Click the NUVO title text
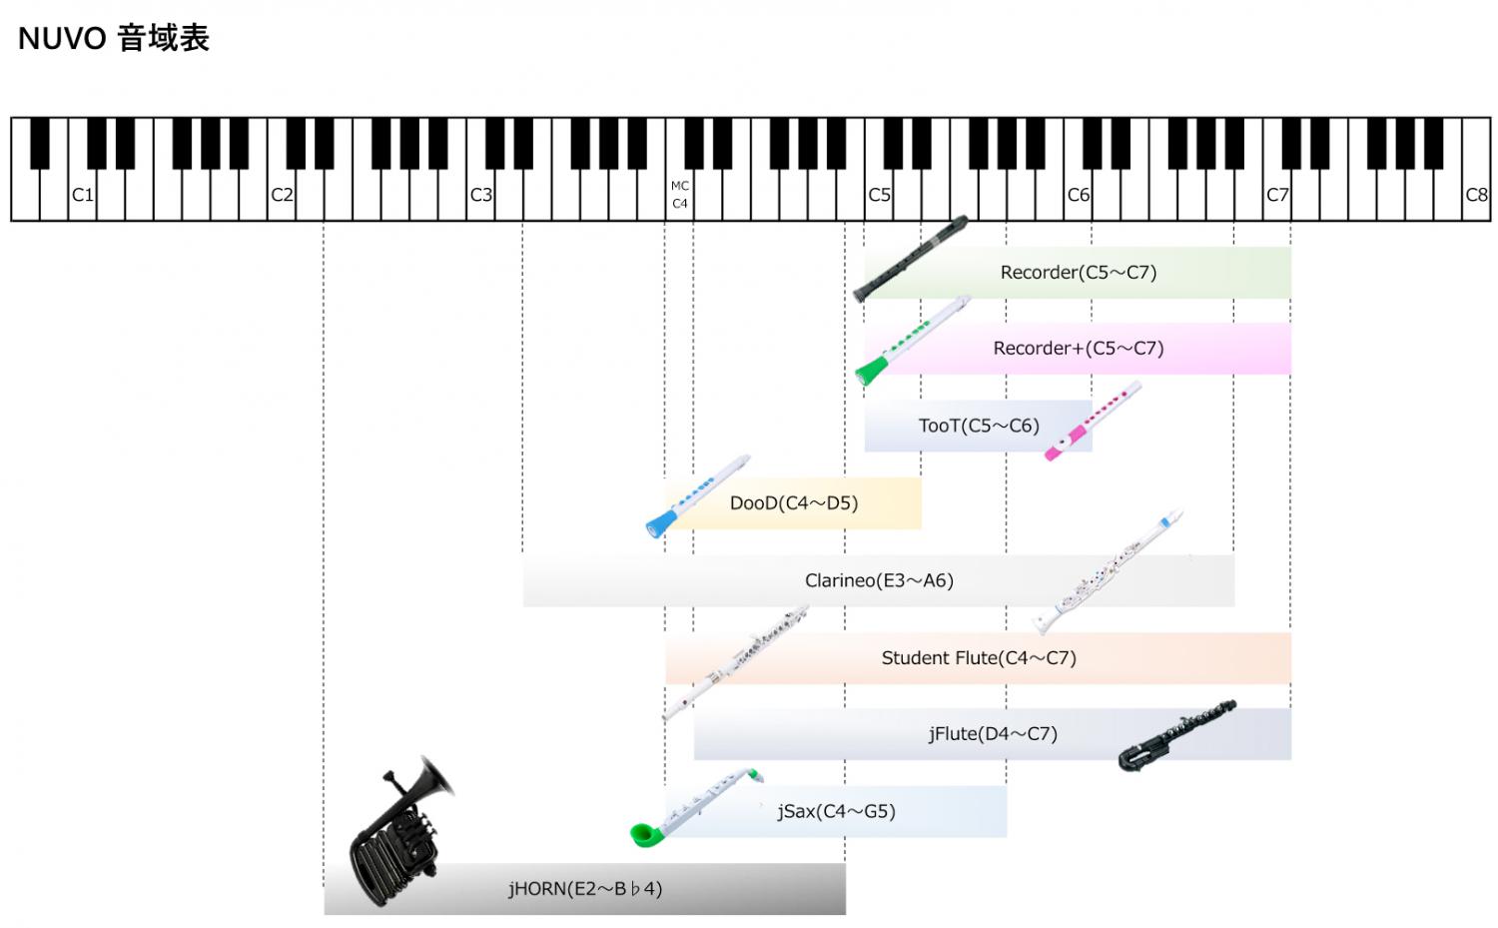coord(114,39)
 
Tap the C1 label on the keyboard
coord(82,195)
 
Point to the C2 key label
coord(282,195)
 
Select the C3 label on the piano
coord(480,195)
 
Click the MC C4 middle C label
coord(680,195)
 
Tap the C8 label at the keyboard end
coord(1476,195)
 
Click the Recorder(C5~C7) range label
coord(1079,272)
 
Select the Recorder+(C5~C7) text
coord(1079,349)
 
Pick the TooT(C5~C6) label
coord(979,426)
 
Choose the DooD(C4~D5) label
coord(794,503)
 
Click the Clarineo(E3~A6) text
coord(879,580)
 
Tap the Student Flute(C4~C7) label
coord(979,657)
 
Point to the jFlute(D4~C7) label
coord(993,734)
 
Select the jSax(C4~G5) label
coord(836,811)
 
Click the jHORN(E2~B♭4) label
coord(585,888)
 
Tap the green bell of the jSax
coord(644,831)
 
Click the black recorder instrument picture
coord(910,258)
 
